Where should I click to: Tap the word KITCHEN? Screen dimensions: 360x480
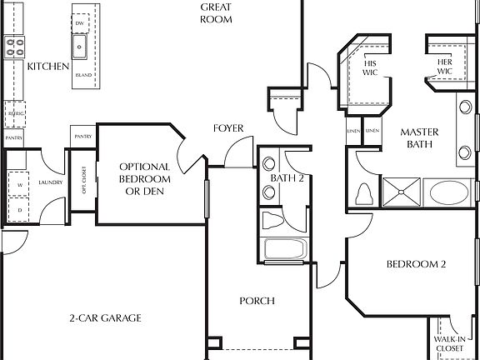tap(47, 67)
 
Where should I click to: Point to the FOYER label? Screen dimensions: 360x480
tap(227, 128)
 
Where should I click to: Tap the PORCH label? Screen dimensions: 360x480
tap(257, 301)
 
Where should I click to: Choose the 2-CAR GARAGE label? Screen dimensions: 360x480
tap(104, 317)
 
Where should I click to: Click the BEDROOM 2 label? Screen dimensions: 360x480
tap(416, 265)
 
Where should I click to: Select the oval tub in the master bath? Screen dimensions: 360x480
tap(450, 193)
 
